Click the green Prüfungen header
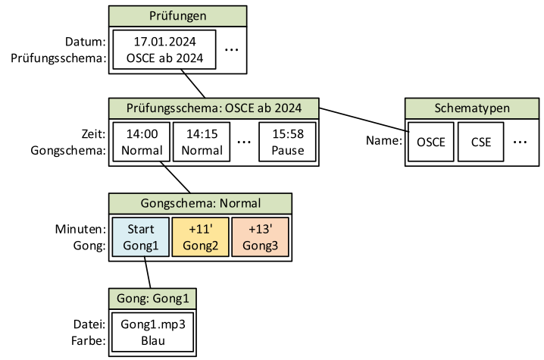pyautogui.click(x=177, y=15)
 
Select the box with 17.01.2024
pyautogui.click(x=164, y=50)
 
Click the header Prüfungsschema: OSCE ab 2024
pyautogui.click(x=214, y=108)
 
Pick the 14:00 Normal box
pyautogui.click(x=141, y=142)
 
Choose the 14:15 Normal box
pyautogui.click(x=201, y=142)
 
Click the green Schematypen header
pyautogui.click(x=471, y=108)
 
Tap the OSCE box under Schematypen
pyautogui.click(x=431, y=142)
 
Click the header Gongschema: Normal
pyautogui.click(x=200, y=203)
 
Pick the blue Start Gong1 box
pyautogui.click(x=140, y=236)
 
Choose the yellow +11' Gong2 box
pyautogui.click(x=200, y=236)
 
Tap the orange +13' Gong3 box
pyautogui.click(x=260, y=236)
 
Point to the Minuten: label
pyautogui.click(x=80, y=229)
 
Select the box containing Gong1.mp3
pyautogui.click(x=153, y=333)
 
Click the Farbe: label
pyautogui.click(x=88, y=340)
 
